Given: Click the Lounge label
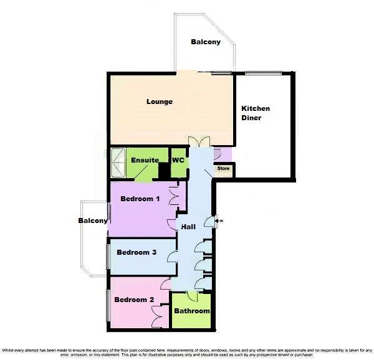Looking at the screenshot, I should coord(160,102).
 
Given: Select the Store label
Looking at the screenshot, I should coord(224,168).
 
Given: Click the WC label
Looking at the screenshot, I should coord(178,160).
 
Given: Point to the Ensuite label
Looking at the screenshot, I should coord(145,160).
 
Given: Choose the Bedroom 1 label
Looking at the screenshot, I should coord(140,199).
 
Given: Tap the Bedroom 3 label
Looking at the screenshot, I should coord(136,252).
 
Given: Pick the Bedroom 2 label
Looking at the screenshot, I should coord(133,300).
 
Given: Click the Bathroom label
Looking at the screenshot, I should coord(191,311).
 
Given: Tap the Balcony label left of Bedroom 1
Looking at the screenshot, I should coord(93,220).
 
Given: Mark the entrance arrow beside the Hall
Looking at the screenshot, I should coord(216,219).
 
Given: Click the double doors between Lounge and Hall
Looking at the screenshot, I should coord(198,143).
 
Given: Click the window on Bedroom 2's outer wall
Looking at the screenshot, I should coord(108,306).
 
